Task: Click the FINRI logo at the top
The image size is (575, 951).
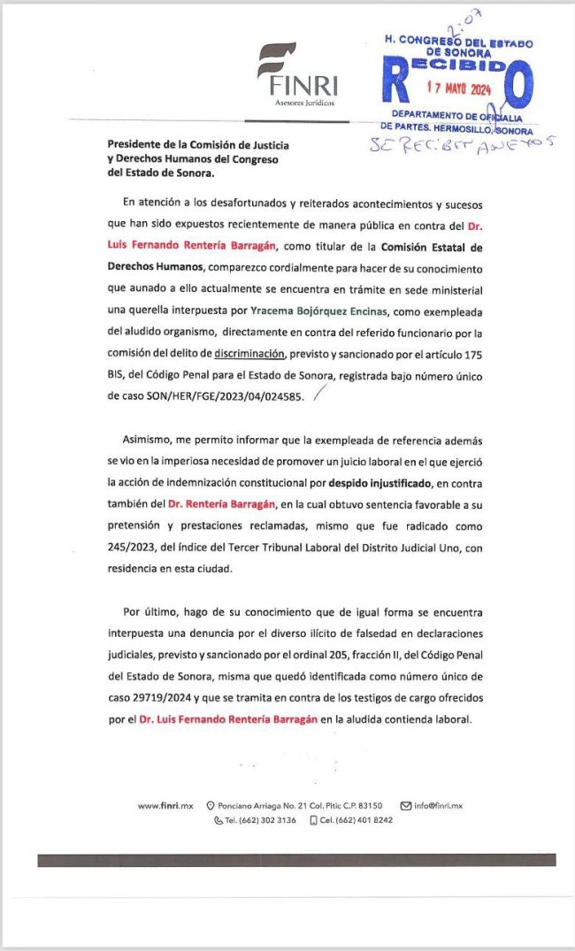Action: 296,75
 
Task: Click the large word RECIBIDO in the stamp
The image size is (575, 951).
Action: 457,66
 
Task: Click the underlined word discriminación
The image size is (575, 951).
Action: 252,353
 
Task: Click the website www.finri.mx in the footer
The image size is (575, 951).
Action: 165,805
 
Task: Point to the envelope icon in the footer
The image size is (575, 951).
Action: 406,805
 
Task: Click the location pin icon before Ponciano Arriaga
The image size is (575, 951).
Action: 211,805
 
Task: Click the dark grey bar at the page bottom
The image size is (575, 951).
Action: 296,859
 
